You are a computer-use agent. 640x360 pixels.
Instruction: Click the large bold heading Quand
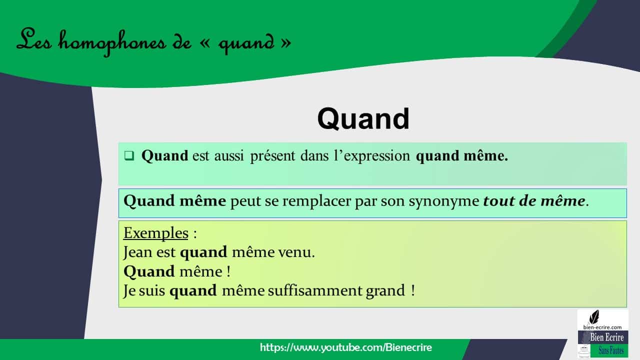click(x=363, y=119)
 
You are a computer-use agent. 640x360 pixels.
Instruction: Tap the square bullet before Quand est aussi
click(x=129, y=156)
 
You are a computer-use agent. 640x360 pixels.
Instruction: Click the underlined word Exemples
click(x=155, y=233)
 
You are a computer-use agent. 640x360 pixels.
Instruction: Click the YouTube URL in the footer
click(x=345, y=347)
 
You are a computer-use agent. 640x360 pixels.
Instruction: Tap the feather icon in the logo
click(x=594, y=317)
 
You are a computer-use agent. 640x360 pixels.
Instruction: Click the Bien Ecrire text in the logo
click(x=606, y=337)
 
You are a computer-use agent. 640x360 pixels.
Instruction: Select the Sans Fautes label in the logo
click(x=610, y=351)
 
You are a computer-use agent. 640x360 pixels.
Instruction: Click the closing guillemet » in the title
click(x=286, y=43)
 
